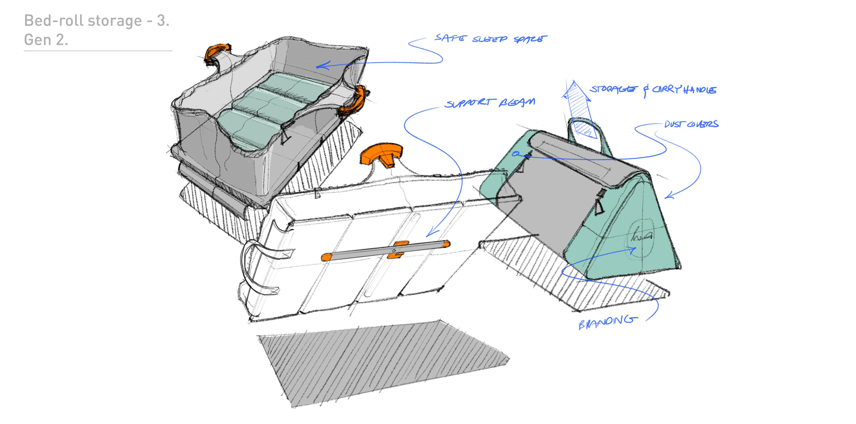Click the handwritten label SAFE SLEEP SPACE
[x=490, y=39]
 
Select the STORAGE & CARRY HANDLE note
[x=653, y=89]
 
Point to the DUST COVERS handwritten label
[x=691, y=124]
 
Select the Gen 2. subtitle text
[x=46, y=40]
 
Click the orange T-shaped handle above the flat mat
[x=382, y=154]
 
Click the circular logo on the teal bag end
[x=640, y=237]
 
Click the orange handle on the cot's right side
[x=352, y=101]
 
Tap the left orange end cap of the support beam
[x=326, y=257]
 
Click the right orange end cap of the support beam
[x=446, y=244]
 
